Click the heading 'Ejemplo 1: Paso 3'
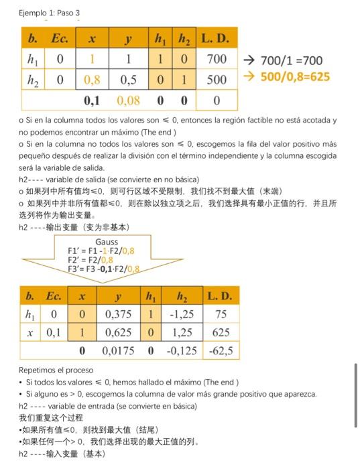tap(48, 12)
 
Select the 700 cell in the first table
tap(217, 60)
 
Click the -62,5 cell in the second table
tap(220, 350)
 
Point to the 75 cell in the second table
tap(220, 314)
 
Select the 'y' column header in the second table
tap(119, 296)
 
